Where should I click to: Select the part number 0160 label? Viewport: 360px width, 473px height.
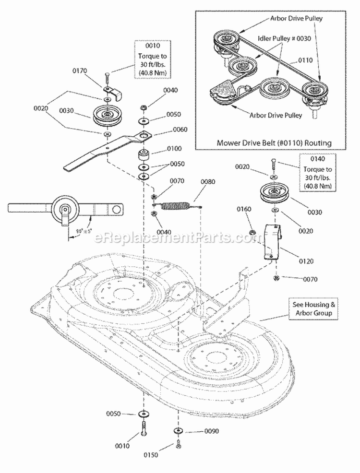(x=244, y=209)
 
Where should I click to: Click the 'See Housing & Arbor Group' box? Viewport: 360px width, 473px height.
(x=311, y=308)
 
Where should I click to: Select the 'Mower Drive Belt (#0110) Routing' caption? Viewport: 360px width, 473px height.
(x=274, y=142)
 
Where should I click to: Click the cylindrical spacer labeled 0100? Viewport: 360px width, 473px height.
(x=144, y=157)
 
